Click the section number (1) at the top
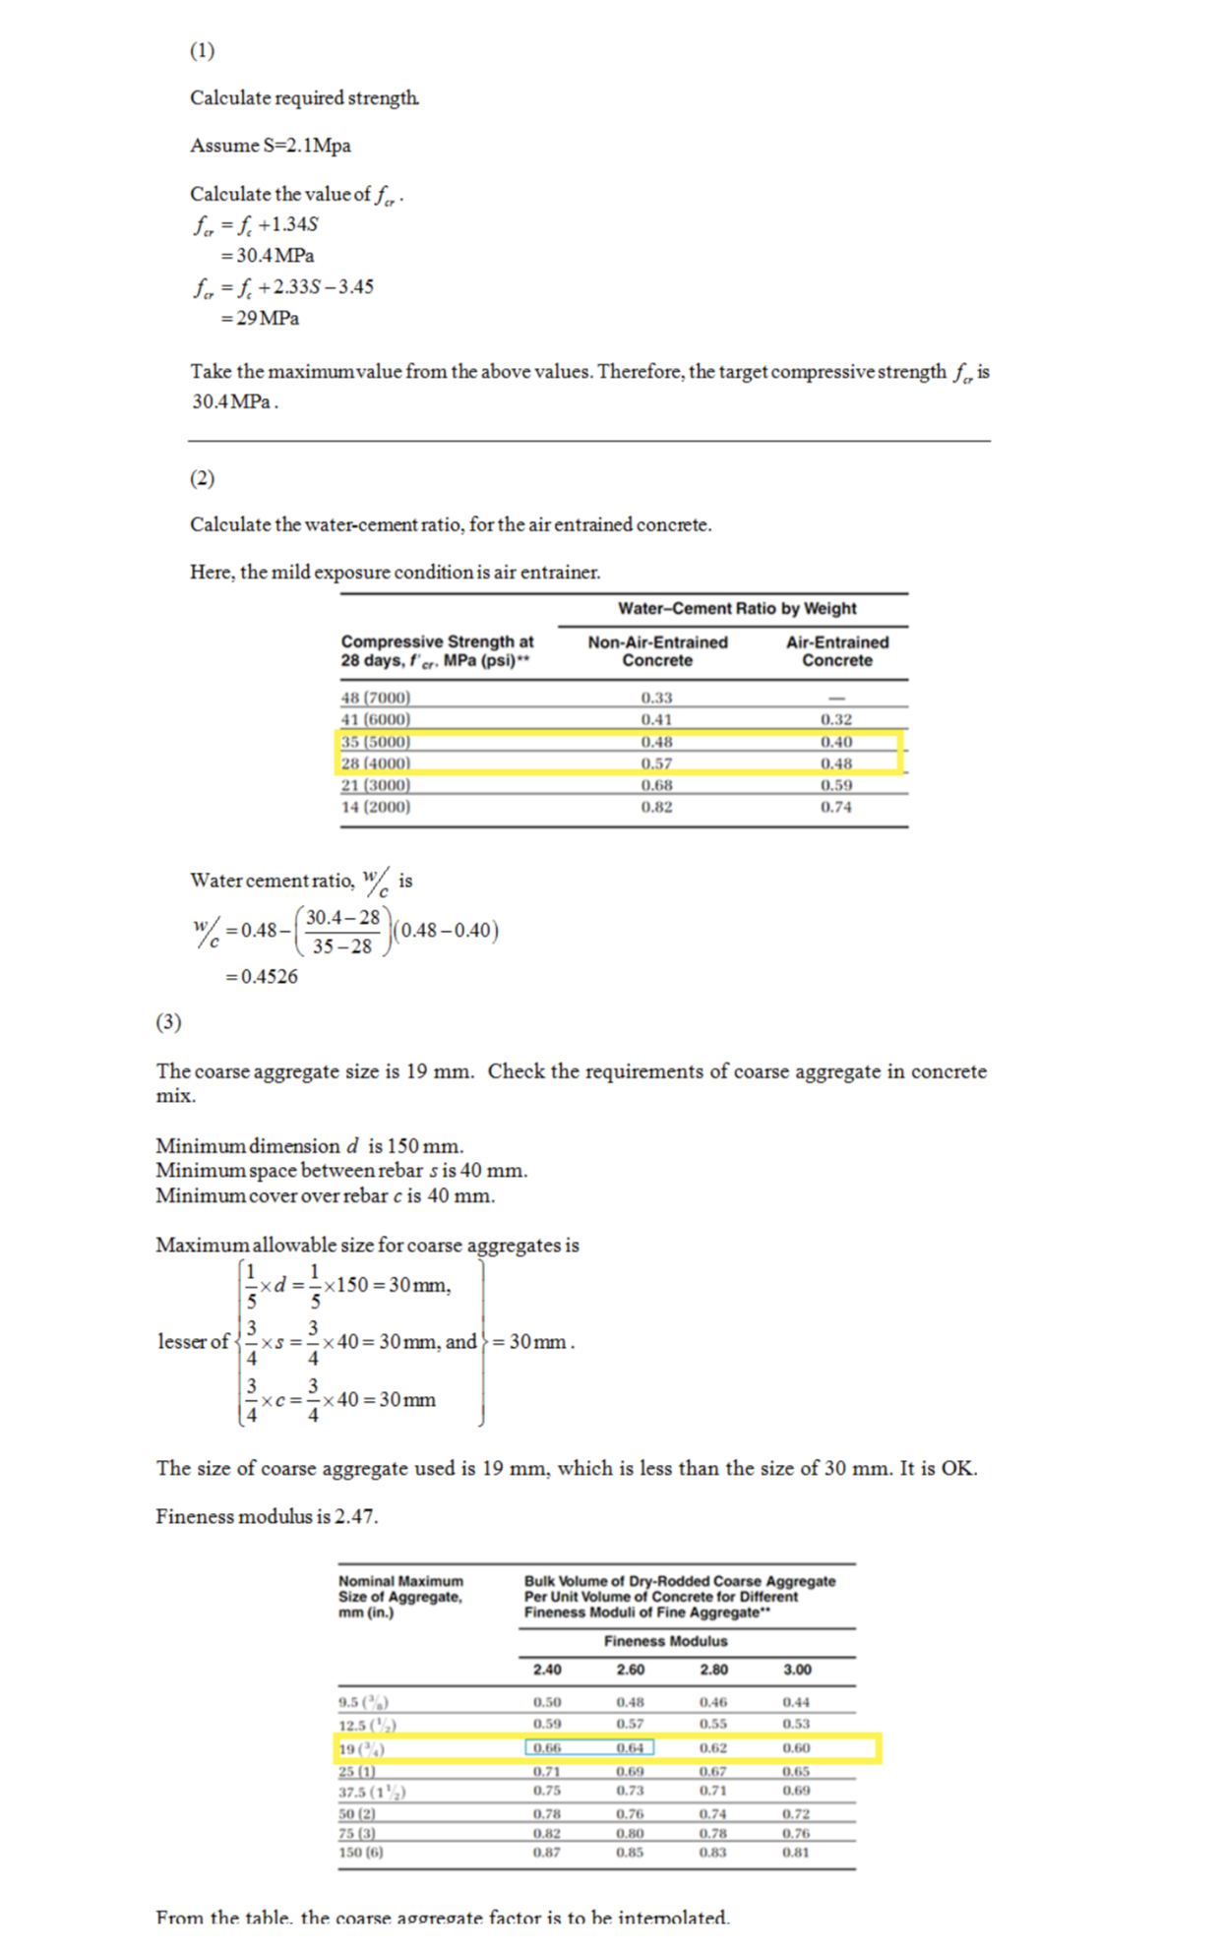coord(202,51)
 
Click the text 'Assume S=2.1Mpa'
coord(271,146)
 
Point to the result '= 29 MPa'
coord(260,318)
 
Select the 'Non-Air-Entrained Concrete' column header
coord(657,651)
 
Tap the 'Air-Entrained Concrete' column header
coord(836,651)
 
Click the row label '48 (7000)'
coord(375,698)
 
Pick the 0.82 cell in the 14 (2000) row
coord(656,807)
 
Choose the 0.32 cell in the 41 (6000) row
coord(836,719)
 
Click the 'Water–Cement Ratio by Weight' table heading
coord(736,609)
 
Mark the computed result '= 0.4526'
coord(261,977)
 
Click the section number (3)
coord(168,1022)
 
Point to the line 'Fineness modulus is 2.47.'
coord(267,1516)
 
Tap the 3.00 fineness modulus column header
coord(797,1670)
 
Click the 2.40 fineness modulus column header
coord(547,1670)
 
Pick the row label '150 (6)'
coord(360,1852)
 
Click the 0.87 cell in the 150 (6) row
coord(547,1852)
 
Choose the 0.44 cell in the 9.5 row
coord(796,1702)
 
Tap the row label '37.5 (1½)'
coord(372,1792)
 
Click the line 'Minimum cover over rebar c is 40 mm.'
coord(325,1196)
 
